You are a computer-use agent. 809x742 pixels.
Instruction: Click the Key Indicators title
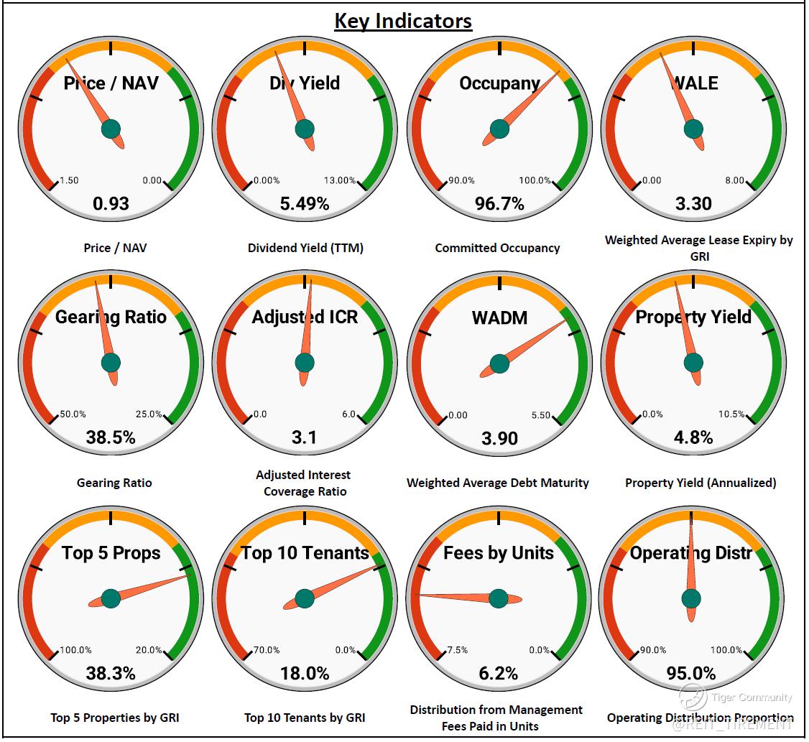(403, 20)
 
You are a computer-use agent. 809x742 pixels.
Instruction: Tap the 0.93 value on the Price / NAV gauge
(111, 203)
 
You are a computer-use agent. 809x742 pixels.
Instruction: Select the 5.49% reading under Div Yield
(305, 203)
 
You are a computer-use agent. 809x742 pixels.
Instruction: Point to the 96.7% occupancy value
(499, 203)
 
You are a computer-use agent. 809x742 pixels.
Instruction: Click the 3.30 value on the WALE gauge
(693, 203)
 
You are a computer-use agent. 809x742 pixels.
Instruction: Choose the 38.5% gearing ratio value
(111, 437)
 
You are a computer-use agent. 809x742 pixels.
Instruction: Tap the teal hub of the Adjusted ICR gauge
(305, 363)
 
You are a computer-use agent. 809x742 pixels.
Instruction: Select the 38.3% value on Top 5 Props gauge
(111, 673)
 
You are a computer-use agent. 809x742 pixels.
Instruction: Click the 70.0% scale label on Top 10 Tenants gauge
(266, 650)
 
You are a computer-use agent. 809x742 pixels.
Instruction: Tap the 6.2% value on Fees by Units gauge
(499, 673)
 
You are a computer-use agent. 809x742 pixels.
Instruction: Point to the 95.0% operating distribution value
(690, 673)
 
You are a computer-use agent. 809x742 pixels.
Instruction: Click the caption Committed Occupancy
(497, 248)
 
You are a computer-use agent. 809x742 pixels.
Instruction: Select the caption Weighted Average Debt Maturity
(497, 483)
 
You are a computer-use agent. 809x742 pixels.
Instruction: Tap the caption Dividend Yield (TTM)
(305, 248)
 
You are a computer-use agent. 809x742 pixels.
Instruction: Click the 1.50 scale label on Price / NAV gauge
(69, 180)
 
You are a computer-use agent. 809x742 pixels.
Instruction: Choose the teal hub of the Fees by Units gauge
(499, 598)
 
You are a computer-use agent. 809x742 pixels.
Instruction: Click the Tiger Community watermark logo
(693, 696)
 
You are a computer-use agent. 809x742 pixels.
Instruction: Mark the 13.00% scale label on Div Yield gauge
(340, 180)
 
